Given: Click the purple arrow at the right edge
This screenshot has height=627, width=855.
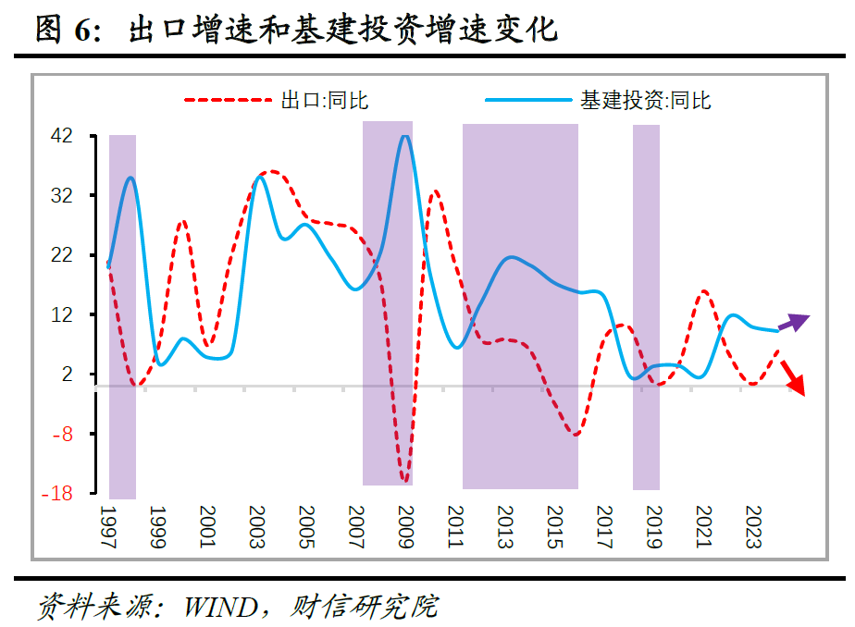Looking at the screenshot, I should coord(794,322).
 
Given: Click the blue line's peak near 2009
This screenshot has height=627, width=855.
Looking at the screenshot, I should coord(404,137).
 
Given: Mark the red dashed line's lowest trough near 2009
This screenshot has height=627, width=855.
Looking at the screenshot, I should coord(404,480).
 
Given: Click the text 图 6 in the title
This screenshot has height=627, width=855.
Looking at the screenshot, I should coord(65,31).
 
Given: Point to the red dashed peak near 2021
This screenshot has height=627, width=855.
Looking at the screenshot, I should coord(703,292).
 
